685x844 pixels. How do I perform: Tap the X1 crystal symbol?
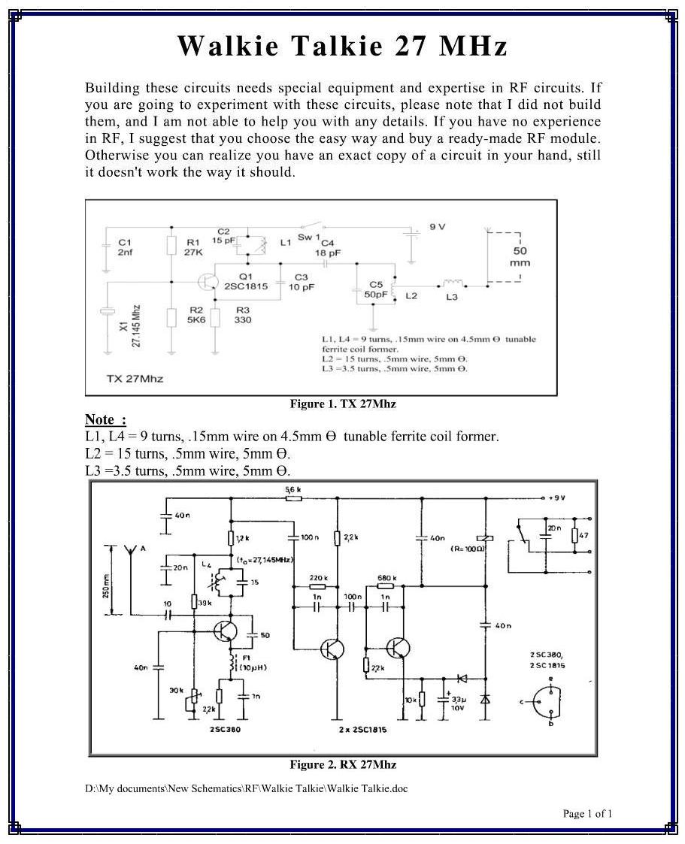coord(108,313)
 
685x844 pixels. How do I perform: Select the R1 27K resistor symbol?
coord(172,245)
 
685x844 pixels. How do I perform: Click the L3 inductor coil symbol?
coord(452,283)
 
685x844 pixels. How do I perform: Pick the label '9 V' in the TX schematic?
coord(438,226)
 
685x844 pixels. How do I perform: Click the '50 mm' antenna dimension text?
coord(519,257)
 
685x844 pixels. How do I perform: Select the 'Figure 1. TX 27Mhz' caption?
coord(343,404)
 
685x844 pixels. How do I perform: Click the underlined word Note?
coord(101,419)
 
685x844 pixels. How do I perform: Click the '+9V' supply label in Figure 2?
coord(556,498)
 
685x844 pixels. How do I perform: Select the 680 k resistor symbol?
coord(385,585)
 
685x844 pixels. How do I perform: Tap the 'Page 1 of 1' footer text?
coord(587,813)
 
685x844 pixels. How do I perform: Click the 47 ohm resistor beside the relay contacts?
coord(574,535)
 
